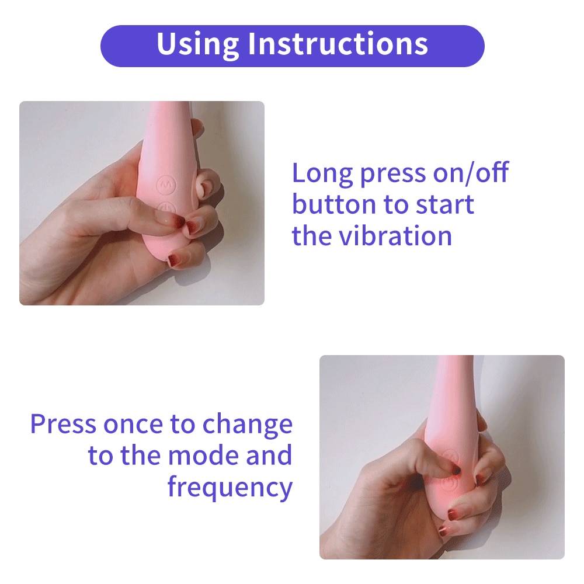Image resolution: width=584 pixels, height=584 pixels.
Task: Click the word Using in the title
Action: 197,44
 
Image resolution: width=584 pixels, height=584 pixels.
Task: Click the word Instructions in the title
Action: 338,44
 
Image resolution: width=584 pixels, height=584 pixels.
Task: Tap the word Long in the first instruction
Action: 322,174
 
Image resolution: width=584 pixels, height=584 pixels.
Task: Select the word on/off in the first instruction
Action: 471,172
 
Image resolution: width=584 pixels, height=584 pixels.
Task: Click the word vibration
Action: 395,236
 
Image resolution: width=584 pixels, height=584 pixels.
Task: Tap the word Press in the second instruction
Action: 63,423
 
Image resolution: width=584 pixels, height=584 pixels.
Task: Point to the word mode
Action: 203,455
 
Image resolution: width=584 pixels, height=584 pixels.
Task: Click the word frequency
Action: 230,488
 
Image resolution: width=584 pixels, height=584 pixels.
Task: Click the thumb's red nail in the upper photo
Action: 179,221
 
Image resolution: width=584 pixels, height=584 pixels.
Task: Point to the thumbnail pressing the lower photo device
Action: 456,471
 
